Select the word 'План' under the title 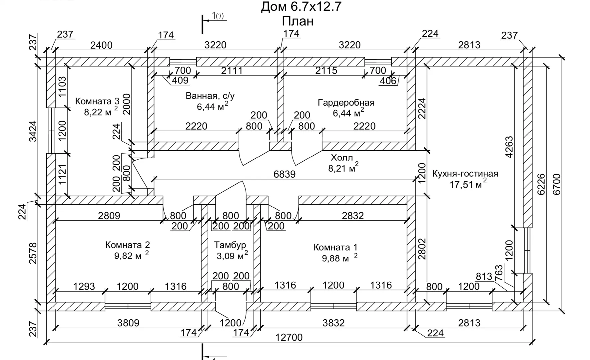(297, 21)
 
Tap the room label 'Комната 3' (97, 101)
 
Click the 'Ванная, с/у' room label (210, 96)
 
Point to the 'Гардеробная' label (346, 102)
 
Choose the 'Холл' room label (341, 158)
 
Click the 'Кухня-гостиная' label (465, 174)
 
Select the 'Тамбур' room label (230, 245)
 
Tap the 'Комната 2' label (128, 245)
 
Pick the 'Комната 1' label (335, 247)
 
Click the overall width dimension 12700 (289, 337)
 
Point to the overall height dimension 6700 (557, 184)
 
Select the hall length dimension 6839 (285, 174)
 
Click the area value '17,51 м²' (468, 184)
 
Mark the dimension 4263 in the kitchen (509, 147)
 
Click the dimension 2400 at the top (101, 45)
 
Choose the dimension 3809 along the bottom (128, 323)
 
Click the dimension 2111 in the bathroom (232, 71)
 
